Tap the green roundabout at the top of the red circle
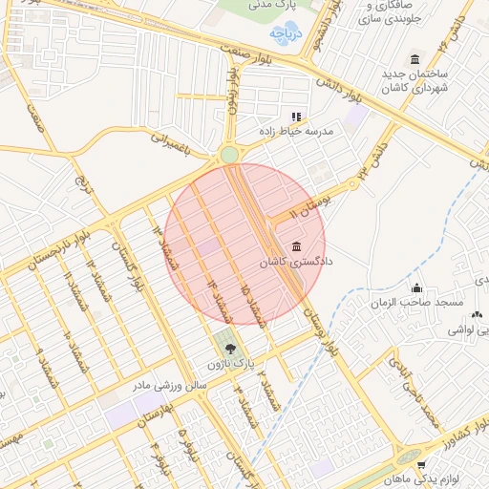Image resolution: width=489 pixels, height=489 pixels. point(229,155)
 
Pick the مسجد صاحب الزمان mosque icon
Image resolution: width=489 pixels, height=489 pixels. point(416,287)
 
